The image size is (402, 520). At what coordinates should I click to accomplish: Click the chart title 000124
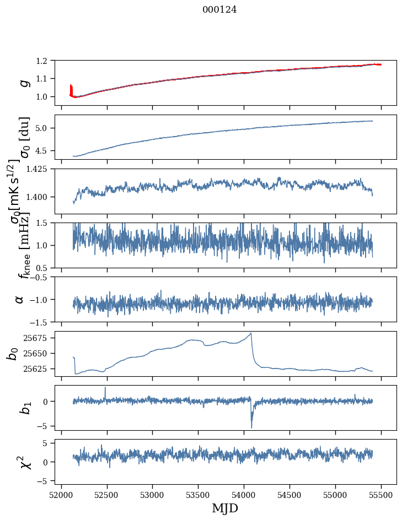point(219,9)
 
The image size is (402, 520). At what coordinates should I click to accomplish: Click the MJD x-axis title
point(226,508)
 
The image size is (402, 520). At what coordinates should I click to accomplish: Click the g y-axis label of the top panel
point(23,83)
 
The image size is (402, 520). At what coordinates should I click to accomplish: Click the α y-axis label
point(20,299)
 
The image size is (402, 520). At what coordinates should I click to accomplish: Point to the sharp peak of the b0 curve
point(251,333)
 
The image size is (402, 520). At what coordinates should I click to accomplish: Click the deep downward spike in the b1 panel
point(251,427)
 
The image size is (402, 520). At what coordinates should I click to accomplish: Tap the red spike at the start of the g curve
point(71,88)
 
